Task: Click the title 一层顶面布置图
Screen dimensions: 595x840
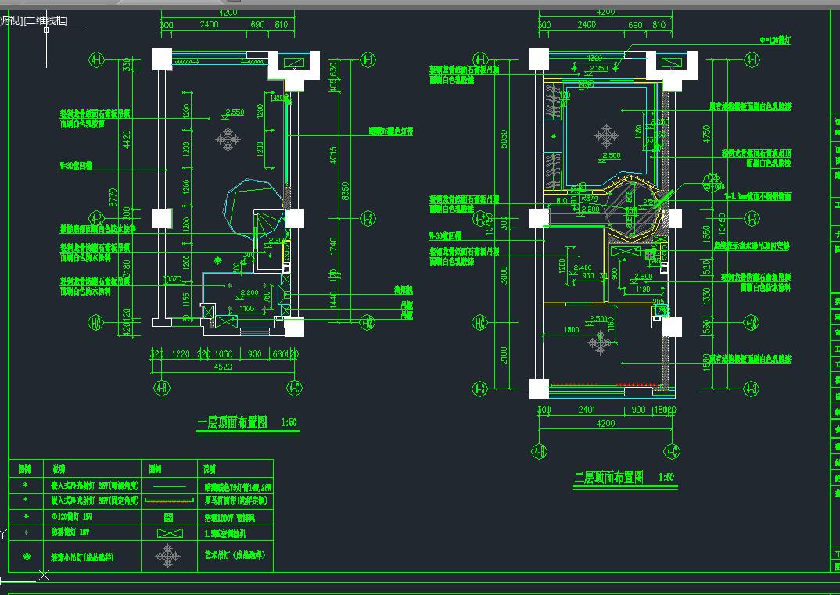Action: coord(232,423)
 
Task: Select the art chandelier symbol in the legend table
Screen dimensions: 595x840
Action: coord(167,556)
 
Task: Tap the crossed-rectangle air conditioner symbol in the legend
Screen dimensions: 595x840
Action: coord(167,534)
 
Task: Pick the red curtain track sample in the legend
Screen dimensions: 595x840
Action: coord(167,501)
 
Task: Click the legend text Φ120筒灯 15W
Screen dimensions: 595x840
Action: coord(77,518)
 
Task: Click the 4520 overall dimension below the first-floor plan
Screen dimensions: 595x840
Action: coord(224,365)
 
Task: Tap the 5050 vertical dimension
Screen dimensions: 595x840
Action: coord(504,138)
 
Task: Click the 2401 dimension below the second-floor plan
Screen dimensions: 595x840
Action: coord(587,410)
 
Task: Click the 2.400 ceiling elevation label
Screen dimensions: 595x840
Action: coord(582,268)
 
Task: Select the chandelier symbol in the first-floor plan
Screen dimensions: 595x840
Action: coord(228,140)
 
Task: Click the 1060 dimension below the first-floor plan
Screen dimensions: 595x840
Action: coord(224,353)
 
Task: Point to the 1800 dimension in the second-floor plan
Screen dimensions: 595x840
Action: coord(571,330)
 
